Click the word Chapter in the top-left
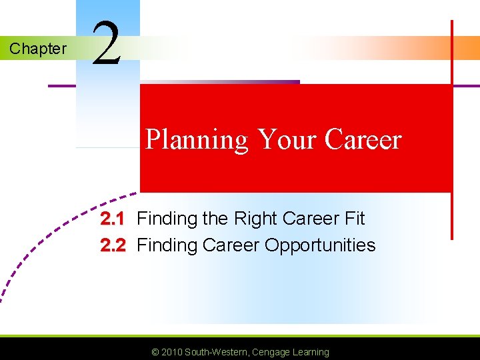(37, 49)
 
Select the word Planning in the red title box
(197, 140)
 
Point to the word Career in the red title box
(363, 139)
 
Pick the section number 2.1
(112, 219)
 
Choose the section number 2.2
(112, 245)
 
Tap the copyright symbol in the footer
(155, 352)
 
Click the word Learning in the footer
(311, 352)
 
